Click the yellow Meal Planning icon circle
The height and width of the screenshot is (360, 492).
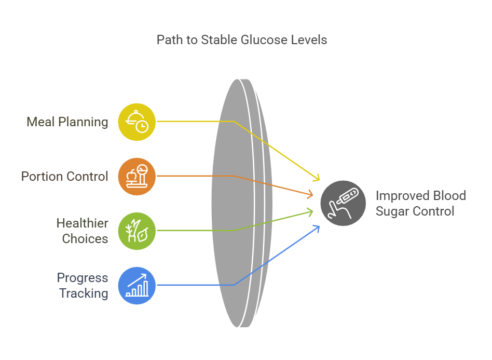pos(137,122)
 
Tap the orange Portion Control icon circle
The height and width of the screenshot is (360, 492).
pos(137,176)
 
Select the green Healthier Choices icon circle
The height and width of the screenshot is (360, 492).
pos(137,231)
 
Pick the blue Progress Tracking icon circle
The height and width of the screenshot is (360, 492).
pos(137,285)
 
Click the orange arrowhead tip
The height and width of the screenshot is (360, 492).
pos(313,195)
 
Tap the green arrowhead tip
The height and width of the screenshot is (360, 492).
pos(313,210)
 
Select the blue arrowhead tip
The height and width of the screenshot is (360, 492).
pos(320,225)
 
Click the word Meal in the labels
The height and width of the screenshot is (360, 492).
pos(40,122)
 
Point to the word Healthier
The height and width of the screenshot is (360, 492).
pos(82,223)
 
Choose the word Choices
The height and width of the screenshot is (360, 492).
pos(85,239)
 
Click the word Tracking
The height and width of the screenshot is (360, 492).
pos(84,294)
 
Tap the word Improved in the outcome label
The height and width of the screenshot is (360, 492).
pos(403,196)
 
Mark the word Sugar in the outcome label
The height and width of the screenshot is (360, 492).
pos(392,211)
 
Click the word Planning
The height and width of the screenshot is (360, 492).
pos(83,122)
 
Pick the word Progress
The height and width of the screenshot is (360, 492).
pos(83,278)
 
